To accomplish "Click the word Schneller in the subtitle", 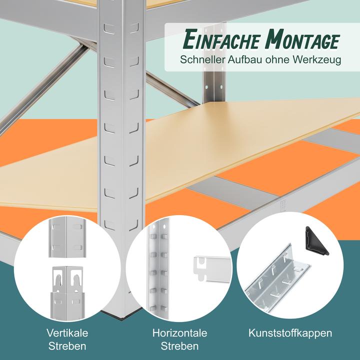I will point(202,60).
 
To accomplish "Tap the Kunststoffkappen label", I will point(290,333).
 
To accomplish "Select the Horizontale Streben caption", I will point(180,339).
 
